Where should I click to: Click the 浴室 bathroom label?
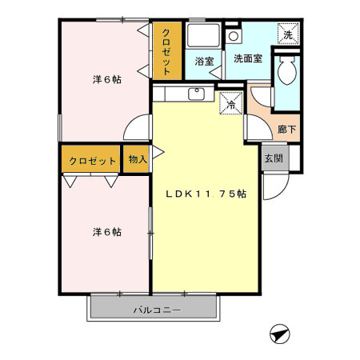click(x=203, y=61)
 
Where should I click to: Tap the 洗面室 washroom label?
click(x=248, y=58)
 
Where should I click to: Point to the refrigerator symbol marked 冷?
click(x=230, y=104)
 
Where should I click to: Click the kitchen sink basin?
click(x=195, y=94)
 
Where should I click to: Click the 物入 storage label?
click(x=137, y=159)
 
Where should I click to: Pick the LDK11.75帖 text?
click(x=206, y=194)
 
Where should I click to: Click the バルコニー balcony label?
click(x=153, y=310)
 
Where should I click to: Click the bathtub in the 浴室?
click(x=203, y=37)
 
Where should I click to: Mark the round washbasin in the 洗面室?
click(x=233, y=36)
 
